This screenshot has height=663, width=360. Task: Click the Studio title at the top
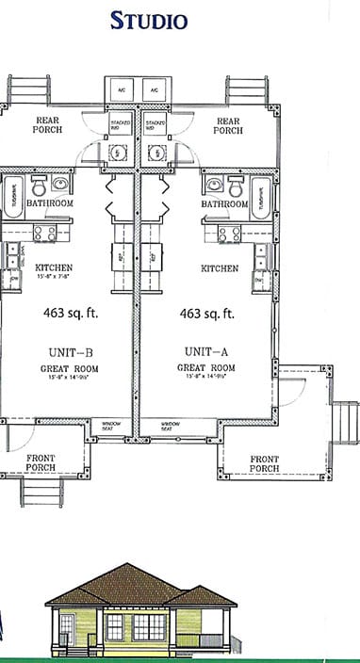click(149, 21)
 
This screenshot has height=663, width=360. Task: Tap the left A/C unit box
click(122, 90)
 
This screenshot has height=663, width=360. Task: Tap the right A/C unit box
click(153, 90)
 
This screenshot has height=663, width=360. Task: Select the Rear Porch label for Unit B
click(48, 125)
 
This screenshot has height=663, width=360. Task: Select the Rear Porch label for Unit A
click(228, 125)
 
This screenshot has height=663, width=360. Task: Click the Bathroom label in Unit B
click(48, 203)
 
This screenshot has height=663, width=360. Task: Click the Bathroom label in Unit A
click(224, 203)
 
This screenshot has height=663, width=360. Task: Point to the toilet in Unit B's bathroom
click(39, 186)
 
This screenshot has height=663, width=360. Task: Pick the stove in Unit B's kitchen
click(43, 233)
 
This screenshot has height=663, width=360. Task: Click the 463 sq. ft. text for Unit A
click(206, 314)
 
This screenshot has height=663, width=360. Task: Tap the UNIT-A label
click(205, 352)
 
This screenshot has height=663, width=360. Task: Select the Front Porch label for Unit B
click(41, 462)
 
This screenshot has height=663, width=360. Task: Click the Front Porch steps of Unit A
click(346, 422)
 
